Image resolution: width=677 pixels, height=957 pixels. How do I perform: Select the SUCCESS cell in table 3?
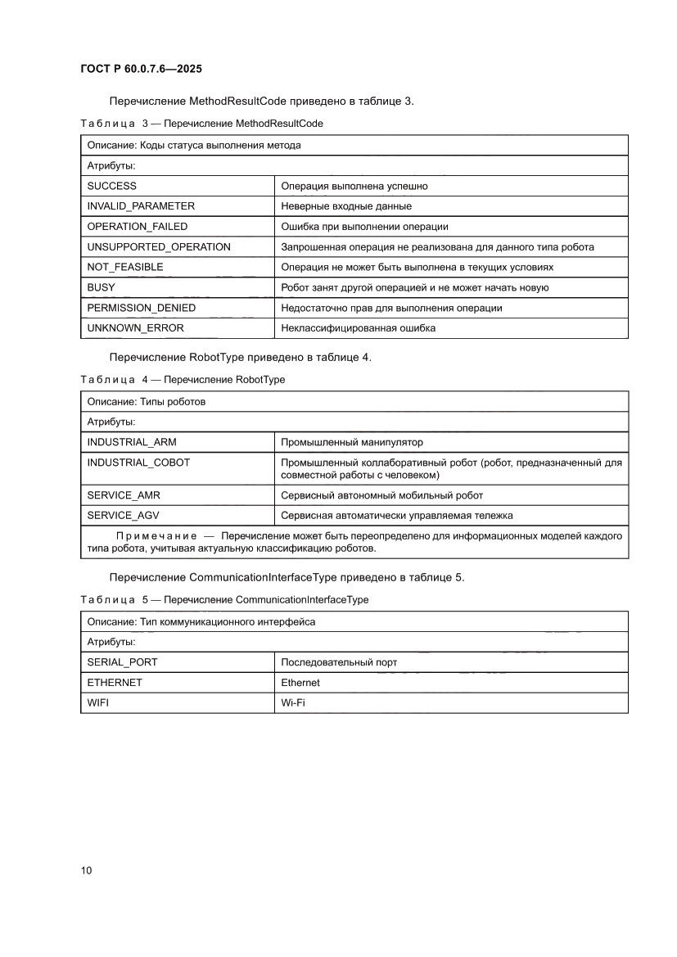112,186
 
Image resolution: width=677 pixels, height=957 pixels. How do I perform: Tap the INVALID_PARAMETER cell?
141,206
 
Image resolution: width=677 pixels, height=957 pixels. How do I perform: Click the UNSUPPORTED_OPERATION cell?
159,246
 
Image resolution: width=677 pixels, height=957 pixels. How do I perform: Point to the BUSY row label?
101,287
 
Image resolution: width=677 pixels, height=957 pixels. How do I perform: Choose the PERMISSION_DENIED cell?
141,308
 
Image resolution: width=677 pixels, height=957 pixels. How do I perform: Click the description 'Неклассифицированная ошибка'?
358,328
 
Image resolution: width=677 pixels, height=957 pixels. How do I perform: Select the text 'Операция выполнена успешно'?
354,186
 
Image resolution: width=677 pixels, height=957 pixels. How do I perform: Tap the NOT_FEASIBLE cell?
125,267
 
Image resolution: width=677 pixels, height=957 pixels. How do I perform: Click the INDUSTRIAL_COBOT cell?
138,463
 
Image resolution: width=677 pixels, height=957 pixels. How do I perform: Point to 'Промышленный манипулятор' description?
352,442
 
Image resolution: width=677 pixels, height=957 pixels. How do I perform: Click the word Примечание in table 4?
156,535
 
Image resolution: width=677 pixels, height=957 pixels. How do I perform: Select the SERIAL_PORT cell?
122,661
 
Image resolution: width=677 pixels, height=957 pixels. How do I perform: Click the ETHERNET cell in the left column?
115,682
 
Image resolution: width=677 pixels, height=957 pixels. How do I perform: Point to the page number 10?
86,870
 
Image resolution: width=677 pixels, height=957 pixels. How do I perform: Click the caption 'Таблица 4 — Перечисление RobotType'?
183,380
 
